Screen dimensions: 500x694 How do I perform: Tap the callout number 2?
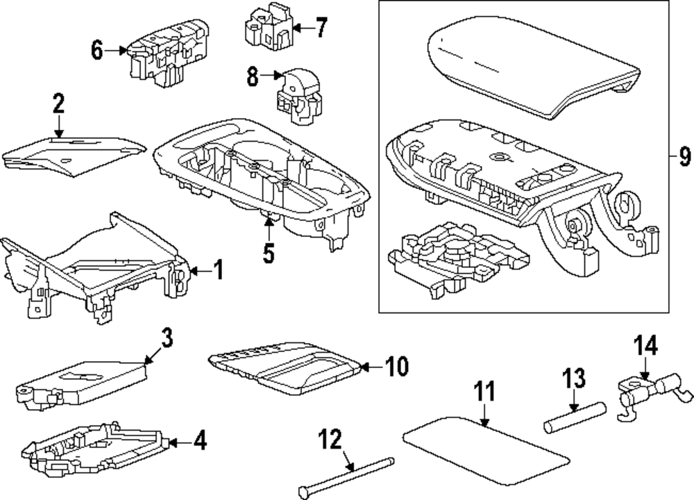pyautogui.click(x=58, y=104)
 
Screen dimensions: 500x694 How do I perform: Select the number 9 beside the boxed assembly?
pyautogui.click(x=684, y=158)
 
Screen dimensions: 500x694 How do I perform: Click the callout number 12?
pyautogui.click(x=331, y=440)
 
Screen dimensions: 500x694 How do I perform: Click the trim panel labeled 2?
pyautogui.click(x=73, y=153)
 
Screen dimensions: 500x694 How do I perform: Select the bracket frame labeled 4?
pyautogui.click(x=97, y=448)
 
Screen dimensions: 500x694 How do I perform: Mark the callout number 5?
pyautogui.click(x=268, y=253)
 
